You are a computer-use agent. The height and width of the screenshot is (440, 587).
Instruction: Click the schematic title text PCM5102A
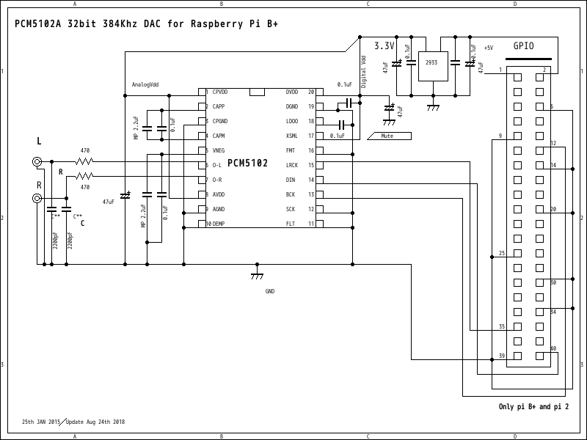pyautogui.click(x=38, y=23)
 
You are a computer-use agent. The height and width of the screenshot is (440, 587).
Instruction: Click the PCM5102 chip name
pyautogui.click(x=247, y=162)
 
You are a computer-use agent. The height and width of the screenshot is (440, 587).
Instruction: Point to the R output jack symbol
pyautogui.click(x=37, y=198)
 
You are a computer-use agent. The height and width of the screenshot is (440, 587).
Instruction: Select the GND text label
pyautogui.click(x=270, y=291)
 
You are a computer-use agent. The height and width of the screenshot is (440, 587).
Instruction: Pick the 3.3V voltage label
pyautogui.click(x=384, y=45)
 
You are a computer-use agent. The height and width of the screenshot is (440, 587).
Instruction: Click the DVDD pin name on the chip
pyautogui.click(x=292, y=92)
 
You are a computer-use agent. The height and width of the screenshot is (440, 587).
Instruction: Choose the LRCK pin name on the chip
pyautogui.click(x=291, y=165)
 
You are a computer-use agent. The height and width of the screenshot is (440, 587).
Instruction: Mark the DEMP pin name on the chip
pyautogui.click(x=219, y=224)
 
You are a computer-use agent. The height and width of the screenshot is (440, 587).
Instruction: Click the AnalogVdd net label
pyautogui.click(x=145, y=84)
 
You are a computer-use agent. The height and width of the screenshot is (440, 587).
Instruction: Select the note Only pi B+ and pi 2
pyautogui.click(x=533, y=406)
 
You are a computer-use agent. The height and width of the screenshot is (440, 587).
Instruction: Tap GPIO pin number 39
pyautogui.click(x=502, y=356)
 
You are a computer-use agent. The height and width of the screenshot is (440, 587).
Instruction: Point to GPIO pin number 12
pyautogui.click(x=553, y=144)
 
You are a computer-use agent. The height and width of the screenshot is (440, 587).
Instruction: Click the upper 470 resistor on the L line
pyautogui.click(x=85, y=161)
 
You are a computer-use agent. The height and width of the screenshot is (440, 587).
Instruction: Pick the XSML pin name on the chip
pyautogui.click(x=291, y=136)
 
